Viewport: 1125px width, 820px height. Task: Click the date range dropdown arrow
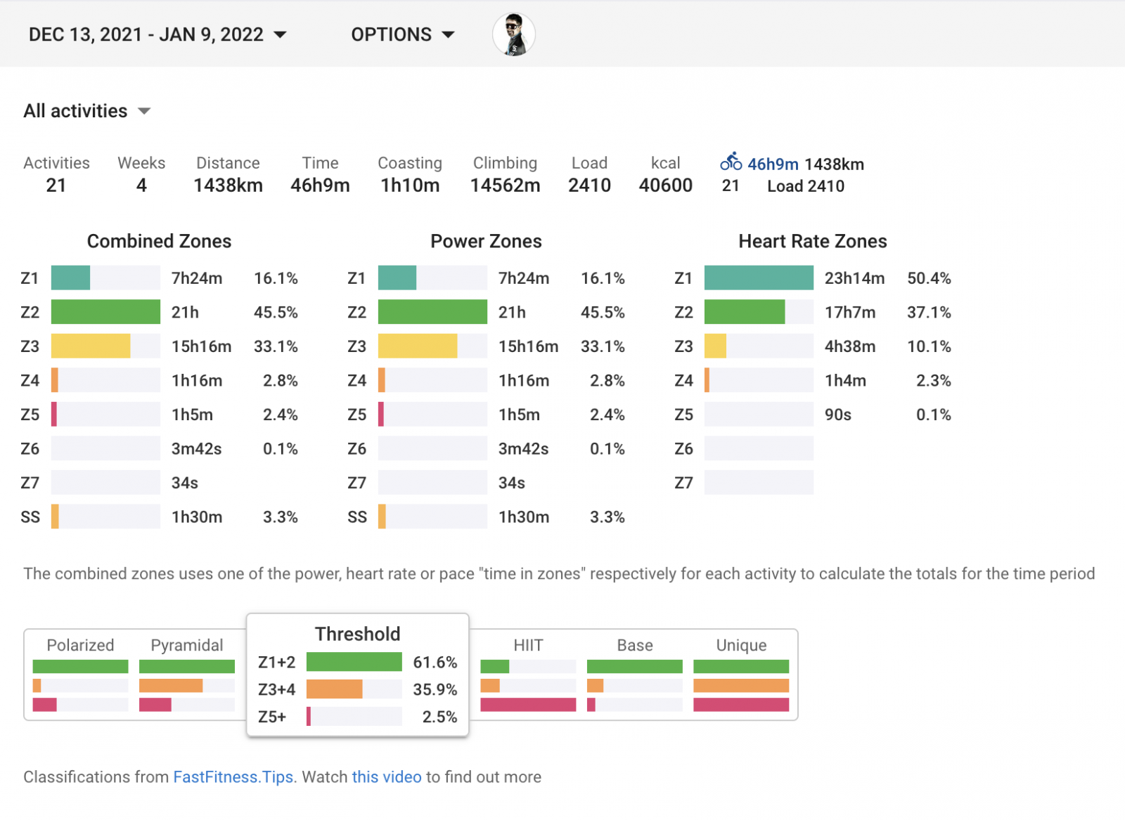pos(280,35)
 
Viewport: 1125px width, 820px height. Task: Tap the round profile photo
pos(514,34)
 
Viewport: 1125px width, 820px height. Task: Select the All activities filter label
pos(76,111)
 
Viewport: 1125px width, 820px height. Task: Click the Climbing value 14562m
pos(505,186)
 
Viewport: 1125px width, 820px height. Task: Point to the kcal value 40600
pos(665,186)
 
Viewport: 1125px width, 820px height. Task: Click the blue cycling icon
pos(731,162)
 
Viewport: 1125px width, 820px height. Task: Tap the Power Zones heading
pos(486,242)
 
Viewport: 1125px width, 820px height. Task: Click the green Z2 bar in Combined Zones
pos(105,312)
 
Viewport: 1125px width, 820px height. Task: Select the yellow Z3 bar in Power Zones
pos(418,346)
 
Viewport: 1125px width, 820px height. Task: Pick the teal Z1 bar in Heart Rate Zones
pos(759,278)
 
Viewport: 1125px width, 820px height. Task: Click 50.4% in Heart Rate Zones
pos(928,278)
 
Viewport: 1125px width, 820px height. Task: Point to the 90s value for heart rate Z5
pos(837,415)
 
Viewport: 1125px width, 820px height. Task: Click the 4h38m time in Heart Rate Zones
pos(849,346)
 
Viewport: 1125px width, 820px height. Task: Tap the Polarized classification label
pos(80,645)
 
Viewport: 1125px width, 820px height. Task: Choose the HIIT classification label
pos(528,645)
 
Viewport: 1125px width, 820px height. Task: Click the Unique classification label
pos(741,645)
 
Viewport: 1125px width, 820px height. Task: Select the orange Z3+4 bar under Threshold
pos(335,689)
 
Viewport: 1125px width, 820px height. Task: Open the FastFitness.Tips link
pos(233,777)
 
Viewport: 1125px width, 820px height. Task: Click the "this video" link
pos(387,777)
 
